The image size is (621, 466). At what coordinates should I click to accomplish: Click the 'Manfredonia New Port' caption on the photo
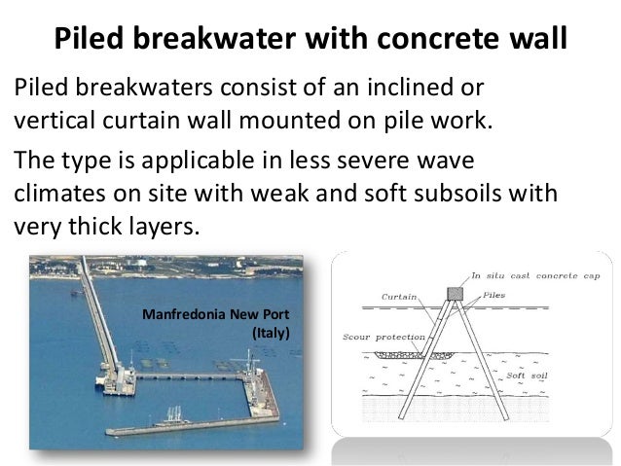[216, 315]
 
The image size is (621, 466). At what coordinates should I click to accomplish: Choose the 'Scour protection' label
[382, 338]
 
